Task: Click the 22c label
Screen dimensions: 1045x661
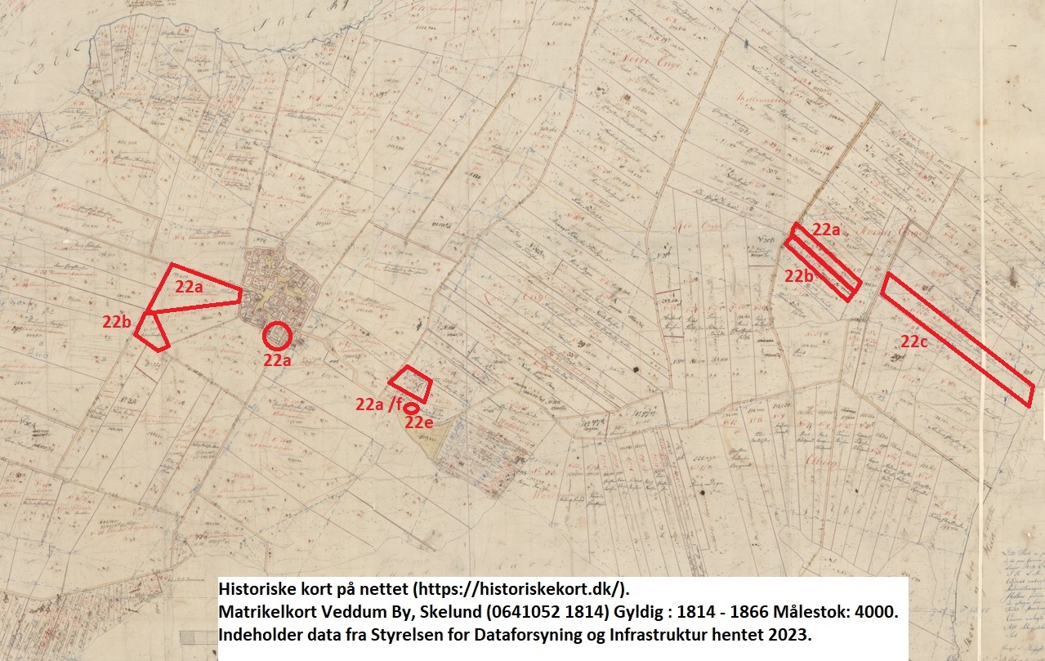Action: pos(915,342)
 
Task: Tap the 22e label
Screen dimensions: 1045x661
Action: pos(418,422)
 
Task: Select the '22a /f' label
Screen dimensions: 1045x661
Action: pos(380,404)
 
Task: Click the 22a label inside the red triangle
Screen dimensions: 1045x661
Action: pos(190,287)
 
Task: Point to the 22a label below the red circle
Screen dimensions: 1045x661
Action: pos(278,359)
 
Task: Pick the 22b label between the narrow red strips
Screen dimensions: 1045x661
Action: pos(799,275)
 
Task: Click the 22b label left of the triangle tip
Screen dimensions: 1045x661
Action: pos(118,321)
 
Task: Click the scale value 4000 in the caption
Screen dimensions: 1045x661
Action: pos(879,612)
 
